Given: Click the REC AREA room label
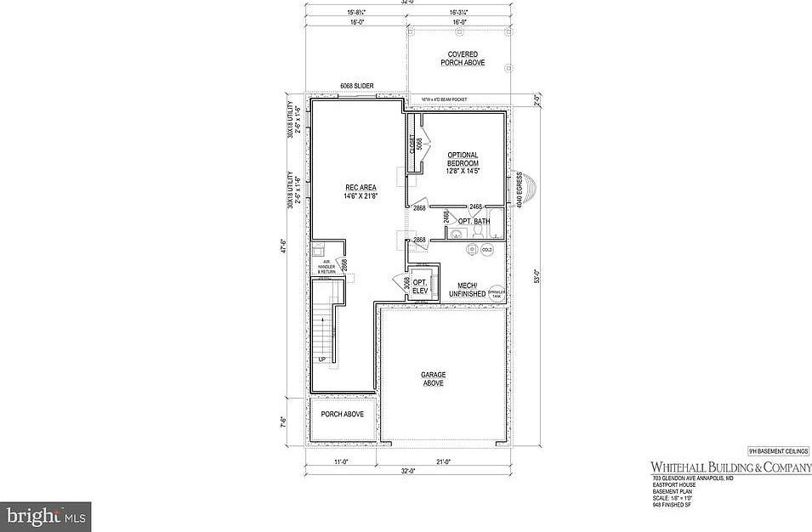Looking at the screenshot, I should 361,191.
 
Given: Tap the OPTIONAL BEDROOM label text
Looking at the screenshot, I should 469,163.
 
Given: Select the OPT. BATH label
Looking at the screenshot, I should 474,222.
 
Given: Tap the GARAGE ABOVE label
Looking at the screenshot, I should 433,378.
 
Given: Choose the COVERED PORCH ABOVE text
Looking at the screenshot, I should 462,59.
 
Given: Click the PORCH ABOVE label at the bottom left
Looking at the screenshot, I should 342,414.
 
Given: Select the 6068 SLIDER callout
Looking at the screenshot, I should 356,86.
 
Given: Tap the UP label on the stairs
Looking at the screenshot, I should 322,359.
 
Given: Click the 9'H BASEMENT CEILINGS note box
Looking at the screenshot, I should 778,451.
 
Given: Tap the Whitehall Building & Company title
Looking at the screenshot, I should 730,467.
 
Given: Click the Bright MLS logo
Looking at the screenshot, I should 46,516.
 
